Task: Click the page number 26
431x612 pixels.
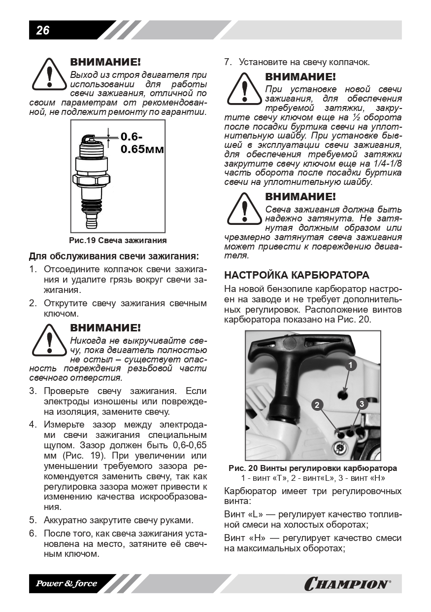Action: click(x=43, y=30)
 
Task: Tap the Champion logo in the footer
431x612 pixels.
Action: click(x=347, y=584)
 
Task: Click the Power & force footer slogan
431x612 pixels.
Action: click(x=66, y=584)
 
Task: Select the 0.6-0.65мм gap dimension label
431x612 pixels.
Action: click(x=141, y=143)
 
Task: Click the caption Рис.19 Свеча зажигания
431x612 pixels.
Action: click(x=118, y=241)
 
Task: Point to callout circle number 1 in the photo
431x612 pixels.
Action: click(x=350, y=365)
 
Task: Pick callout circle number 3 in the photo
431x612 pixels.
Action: click(x=362, y=404)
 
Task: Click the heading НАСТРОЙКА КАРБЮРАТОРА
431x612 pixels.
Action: click(x=297, y=275)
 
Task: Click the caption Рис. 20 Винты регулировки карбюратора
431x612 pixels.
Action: click(x=313, y=468)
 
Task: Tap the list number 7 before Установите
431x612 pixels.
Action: click(x=228, y=63)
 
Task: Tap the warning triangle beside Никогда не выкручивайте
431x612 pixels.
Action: click(x=48, y=340)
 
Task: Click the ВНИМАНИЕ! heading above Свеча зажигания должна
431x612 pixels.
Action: click(x=300, y=196)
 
